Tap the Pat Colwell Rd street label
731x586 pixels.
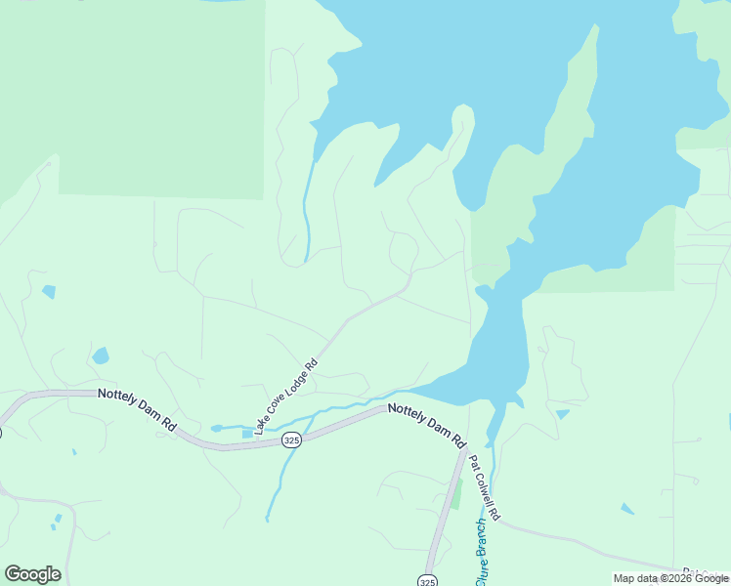point(485,486)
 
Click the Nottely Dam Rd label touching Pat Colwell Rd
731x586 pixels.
point(427,425)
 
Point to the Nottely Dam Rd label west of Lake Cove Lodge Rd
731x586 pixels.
point(136,409)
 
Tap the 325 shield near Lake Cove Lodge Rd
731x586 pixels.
point(291,441)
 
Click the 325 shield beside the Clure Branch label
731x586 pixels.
point(427,580)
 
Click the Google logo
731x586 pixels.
point(32,574)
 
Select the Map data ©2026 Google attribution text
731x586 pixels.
point(671,578)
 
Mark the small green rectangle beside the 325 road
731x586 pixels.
point(455,493)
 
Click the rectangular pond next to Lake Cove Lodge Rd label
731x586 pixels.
point(246,433)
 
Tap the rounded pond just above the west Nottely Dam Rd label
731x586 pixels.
point(100,356)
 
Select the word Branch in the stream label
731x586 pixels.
point(480,539)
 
